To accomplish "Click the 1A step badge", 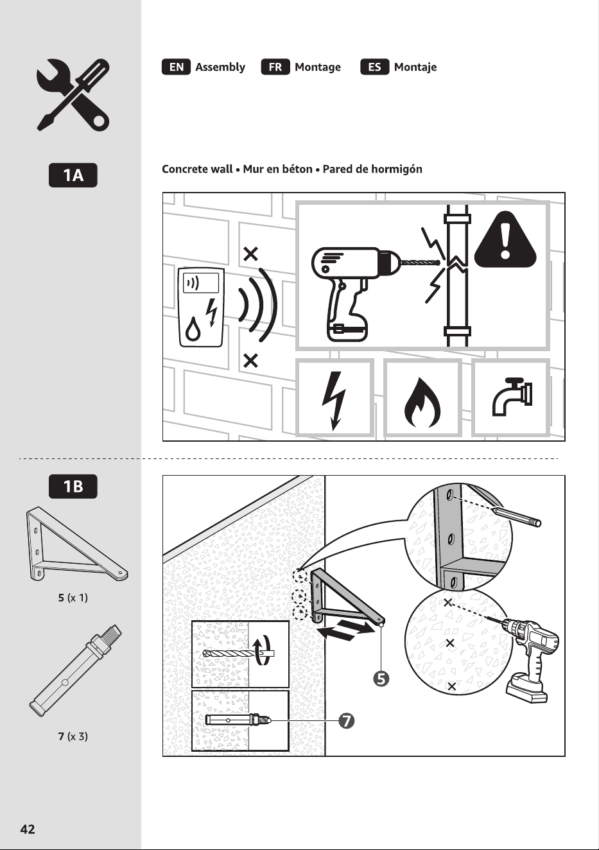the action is [73, 175].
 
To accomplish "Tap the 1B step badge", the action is [73, 486].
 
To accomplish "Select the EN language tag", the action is [176, 67].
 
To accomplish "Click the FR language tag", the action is [275, 67].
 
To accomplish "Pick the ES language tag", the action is [375, 67].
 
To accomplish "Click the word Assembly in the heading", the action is [220, 67].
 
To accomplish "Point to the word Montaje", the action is [415, 67].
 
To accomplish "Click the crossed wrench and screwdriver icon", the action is [73, 95].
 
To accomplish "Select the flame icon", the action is [422, 403].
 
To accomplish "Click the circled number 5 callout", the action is [381, 679].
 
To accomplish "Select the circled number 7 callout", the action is [347, 720].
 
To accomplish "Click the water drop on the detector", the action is [193, 329].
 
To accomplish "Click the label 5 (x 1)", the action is [73, 598].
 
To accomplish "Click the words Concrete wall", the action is [197, 169].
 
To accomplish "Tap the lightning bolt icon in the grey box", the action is [334, 401].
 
